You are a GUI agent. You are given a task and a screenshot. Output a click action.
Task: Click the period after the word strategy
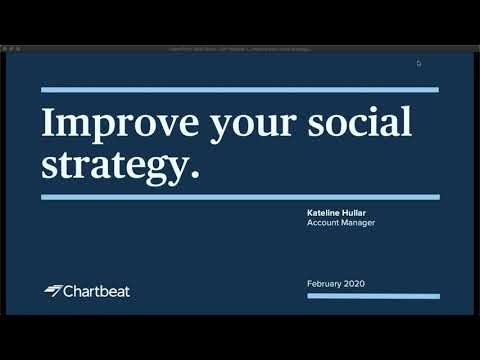pos(194,176)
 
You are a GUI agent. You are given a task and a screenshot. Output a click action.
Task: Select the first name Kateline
pos(326,213)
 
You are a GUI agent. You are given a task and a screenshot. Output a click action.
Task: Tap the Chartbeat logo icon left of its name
pos(53,291)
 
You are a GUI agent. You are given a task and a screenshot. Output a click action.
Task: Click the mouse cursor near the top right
pos(419,63)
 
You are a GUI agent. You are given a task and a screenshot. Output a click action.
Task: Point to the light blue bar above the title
pos(240,90)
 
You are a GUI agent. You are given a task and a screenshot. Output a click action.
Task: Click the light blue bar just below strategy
pos(240,197)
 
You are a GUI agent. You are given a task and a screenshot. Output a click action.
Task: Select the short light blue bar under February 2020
pos(372,296)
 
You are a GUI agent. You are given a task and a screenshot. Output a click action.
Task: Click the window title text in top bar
pos(240,48)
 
